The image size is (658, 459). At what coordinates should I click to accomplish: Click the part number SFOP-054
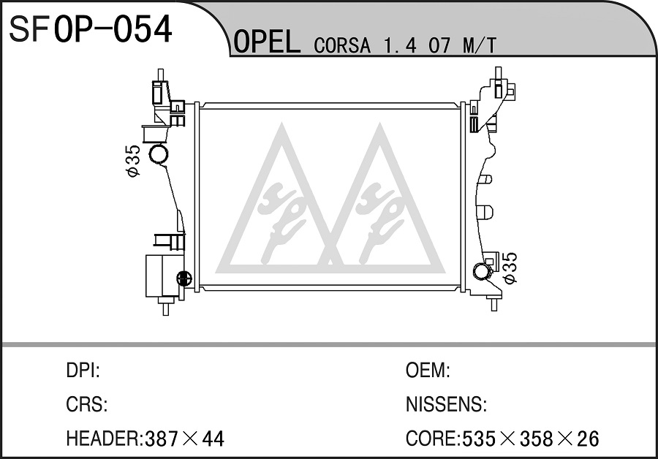(90, 29)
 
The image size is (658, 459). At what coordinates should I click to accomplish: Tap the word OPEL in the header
(266, 42)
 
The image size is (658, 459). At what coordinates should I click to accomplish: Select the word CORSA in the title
(342, 45)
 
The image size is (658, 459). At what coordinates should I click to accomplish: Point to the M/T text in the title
(479, 45)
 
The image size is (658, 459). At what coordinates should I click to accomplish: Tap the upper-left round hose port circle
(159, 153)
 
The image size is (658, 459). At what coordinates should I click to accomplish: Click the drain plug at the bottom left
(184, 277)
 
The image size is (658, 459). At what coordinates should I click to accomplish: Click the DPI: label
(83, 371)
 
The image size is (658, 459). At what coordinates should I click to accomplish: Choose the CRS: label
(87, 404)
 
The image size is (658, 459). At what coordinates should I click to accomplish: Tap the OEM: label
(428, 371)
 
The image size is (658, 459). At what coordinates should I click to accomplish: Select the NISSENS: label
(446, 404)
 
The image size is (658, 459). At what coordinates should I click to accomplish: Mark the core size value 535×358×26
(531, 439)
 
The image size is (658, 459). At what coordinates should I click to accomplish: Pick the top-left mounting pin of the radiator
(160, 75)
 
